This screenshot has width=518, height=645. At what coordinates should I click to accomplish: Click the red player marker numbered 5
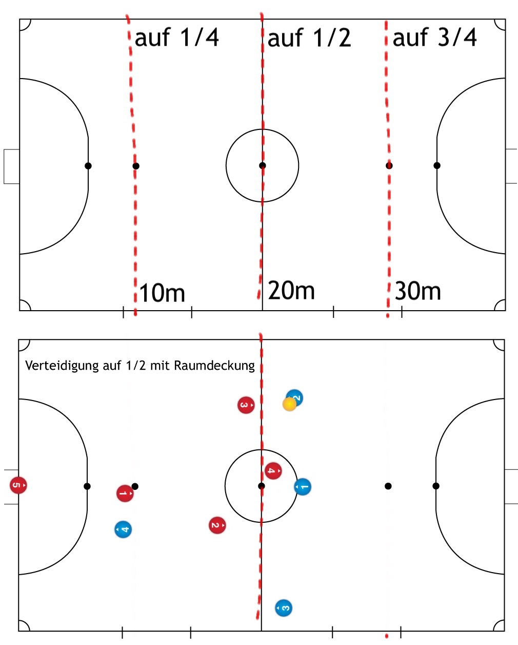coord(18,485)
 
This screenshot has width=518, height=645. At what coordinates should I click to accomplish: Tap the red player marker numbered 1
coord(125,494)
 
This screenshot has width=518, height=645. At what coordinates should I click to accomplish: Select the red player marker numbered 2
coord(217,525)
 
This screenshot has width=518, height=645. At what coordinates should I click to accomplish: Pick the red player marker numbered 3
coord(246,405)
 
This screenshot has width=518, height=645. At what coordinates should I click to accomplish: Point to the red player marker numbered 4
coord(273,470)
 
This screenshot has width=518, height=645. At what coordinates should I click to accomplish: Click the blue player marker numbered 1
coord(303,487)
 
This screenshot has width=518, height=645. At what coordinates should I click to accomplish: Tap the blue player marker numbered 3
coord(284,608)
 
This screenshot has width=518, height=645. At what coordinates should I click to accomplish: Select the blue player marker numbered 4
coord(123,529)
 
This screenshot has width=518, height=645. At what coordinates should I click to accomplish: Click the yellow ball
coord(289,404)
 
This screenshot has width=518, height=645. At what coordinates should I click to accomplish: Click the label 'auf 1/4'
coord(176,37)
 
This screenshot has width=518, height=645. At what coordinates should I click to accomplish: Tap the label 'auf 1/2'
coord(309,38)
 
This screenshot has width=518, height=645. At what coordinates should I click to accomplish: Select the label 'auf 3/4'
coord(434,37)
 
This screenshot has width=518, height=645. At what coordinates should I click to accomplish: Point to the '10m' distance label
coord(162,293)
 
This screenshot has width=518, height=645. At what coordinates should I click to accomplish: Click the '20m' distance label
coord(291,291)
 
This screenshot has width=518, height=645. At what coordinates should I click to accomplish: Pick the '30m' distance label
coord(418,291)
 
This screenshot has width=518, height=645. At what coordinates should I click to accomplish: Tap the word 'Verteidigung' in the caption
coord(62,366)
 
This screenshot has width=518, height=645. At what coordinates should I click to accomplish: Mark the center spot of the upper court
coord(262,165)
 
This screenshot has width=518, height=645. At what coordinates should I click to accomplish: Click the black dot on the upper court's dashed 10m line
coord(136,166)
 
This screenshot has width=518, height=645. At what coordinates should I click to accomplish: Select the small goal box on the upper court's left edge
coord(11,166)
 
